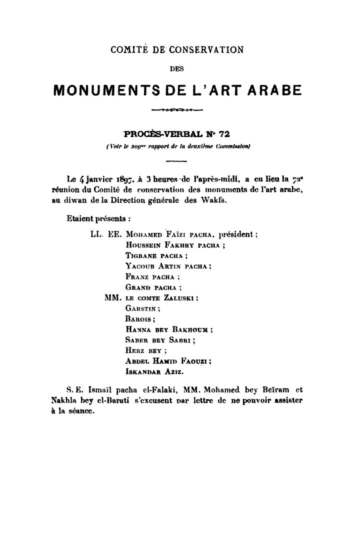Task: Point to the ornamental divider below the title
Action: (x=179, y=108)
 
